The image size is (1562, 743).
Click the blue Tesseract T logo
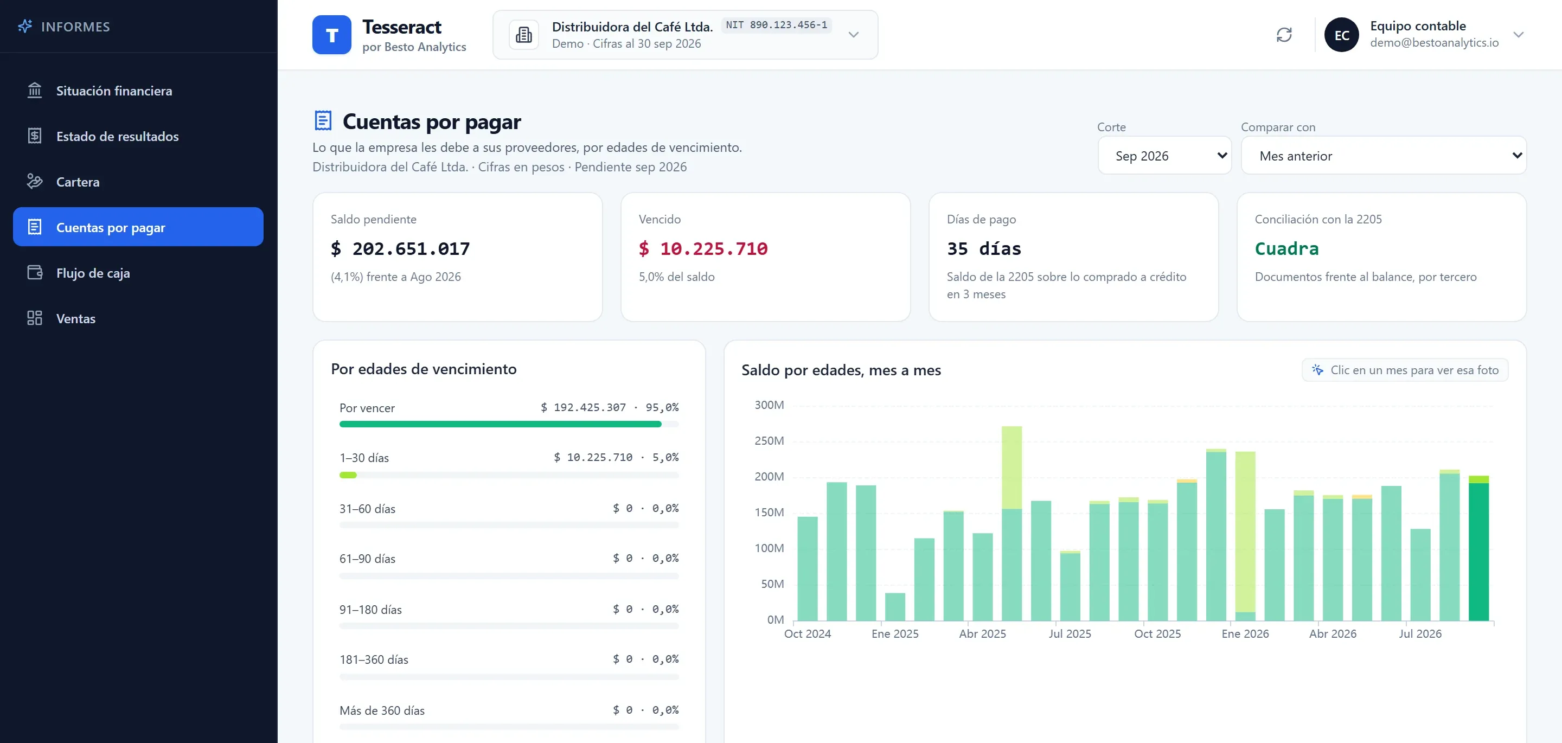332,35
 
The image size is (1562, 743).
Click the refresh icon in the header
1284,35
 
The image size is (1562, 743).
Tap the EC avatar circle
1341,35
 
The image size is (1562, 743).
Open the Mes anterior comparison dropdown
1383,155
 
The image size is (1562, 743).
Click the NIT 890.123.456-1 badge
776,25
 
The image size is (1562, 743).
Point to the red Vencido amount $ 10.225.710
703,249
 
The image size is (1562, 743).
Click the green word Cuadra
1286,249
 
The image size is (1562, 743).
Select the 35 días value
983,249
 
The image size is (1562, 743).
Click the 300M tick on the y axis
769,405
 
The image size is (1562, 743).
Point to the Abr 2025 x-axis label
982,634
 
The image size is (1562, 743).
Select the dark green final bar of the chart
1478,548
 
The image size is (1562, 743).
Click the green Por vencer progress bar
500,425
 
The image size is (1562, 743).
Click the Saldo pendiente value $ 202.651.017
400,249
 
